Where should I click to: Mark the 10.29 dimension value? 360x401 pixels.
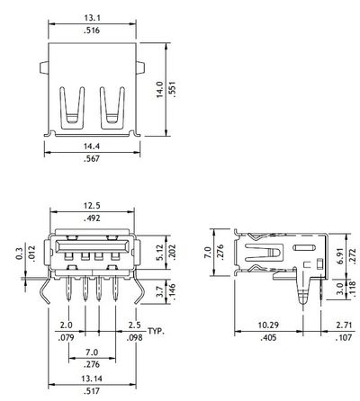(x=267, y=324)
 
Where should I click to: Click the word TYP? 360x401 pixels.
(x=158, y=332)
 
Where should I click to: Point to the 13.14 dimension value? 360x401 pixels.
(x=86, y=379)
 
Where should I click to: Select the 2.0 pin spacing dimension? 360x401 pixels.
(x=65, y=324)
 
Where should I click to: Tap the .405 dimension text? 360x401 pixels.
(x=267, y=338)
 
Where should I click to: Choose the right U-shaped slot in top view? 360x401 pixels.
(x=112, y=106)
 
